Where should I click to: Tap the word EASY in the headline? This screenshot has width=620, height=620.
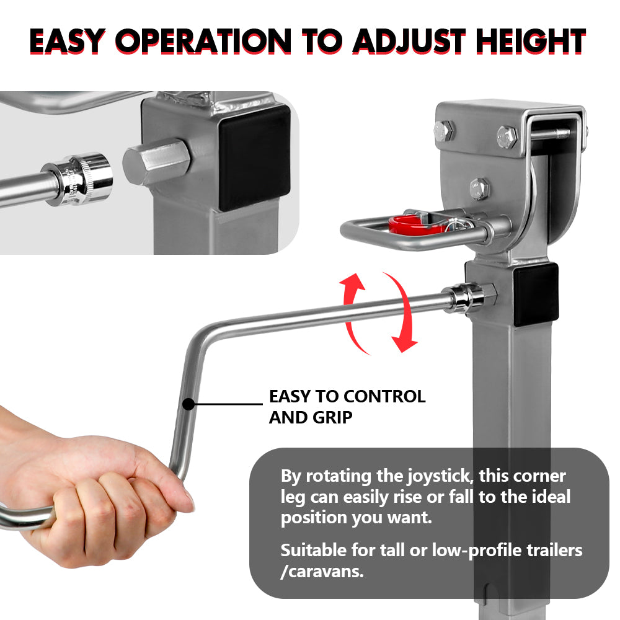click(67, 41)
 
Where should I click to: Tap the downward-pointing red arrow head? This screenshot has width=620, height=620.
click(406, 343)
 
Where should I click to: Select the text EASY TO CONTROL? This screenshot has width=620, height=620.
click(347, 397)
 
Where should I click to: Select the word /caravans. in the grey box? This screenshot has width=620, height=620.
click(322, 571)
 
